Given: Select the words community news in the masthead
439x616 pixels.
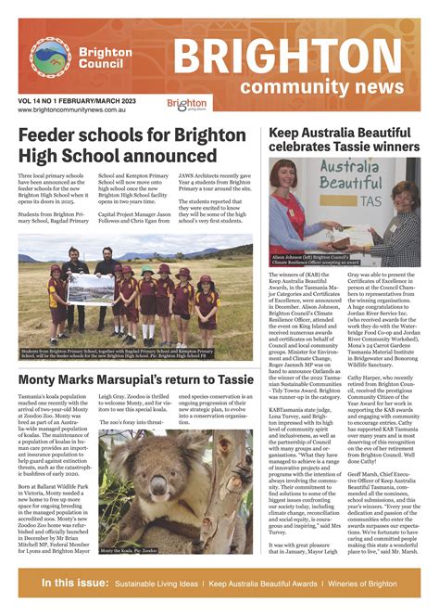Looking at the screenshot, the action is (x=329, y=86).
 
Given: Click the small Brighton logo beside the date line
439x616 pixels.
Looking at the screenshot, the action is (x=187, y=104).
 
